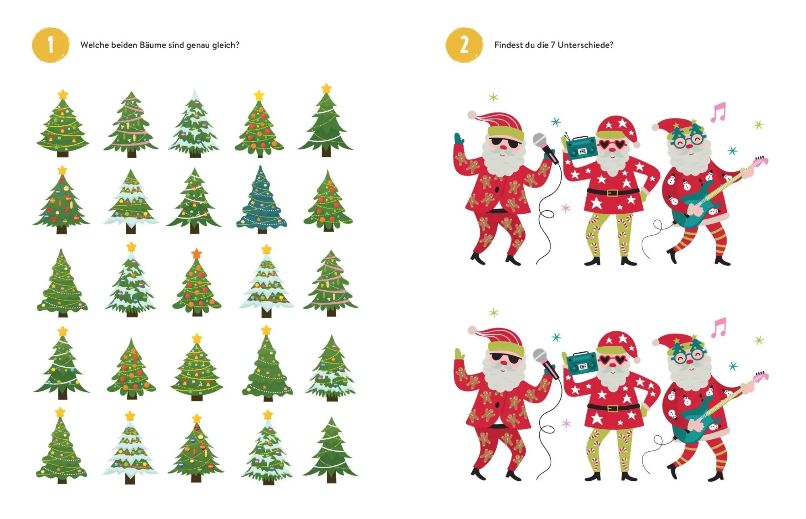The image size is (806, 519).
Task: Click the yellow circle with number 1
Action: point(50,45)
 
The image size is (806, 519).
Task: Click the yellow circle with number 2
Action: point(464,45)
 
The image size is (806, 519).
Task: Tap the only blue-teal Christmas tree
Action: point(262,200)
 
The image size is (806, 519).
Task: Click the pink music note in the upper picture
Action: point(718,112)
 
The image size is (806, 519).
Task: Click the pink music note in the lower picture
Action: point(719,327)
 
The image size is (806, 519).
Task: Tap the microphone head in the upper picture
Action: point(540,141)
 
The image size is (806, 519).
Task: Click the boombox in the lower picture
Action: point(582,362)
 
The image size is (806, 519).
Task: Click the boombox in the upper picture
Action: point(582,147)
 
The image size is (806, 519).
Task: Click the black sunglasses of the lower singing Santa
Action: point(505,357)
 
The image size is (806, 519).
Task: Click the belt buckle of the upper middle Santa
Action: point(612,192)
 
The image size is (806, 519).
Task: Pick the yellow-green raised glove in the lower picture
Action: point(459,354)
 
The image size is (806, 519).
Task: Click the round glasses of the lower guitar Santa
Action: point(690,356)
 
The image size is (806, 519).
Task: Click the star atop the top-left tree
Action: point(63,95)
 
